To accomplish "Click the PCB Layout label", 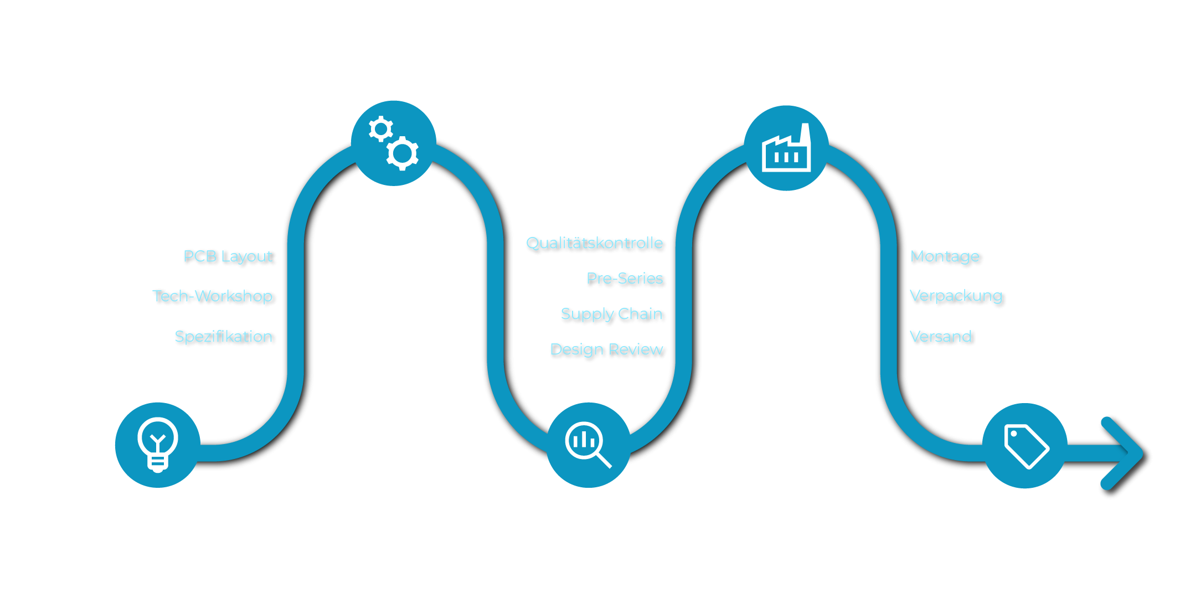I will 229,256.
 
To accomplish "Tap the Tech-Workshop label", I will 214,296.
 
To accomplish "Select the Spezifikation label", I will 224,337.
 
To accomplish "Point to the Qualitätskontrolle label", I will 595,243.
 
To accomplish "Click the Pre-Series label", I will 625,279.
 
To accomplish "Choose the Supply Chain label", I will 612,314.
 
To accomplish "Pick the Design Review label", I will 607,349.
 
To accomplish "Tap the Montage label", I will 945,256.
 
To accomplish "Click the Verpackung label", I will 956,296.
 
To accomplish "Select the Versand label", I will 941,337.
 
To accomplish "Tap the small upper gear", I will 380,129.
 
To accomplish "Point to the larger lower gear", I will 402,153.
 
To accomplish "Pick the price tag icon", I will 1026,446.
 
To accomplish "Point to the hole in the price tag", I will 1014,434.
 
